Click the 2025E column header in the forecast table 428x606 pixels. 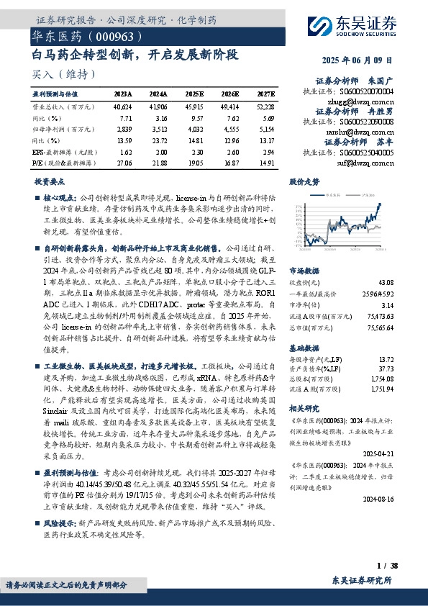(194, 94)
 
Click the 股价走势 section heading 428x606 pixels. (304, 182)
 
